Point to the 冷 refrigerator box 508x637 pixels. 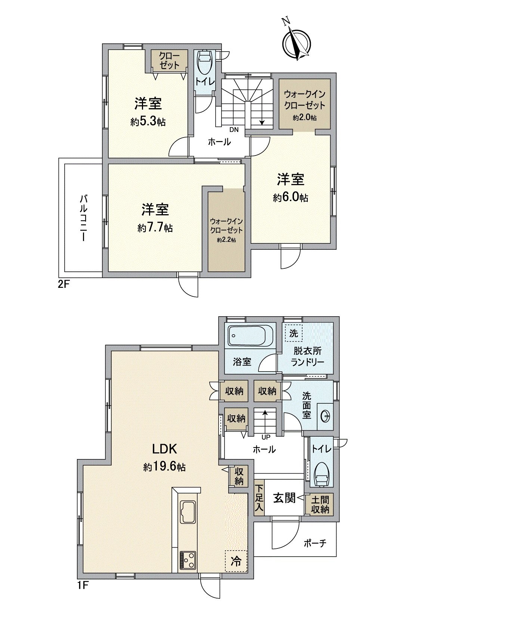236,561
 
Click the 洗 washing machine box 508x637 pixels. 294,333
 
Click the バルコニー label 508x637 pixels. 83,218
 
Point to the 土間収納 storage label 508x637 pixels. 320,504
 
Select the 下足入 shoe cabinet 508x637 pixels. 259,498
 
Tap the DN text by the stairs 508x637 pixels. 234,130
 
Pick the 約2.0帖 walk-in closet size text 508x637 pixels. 305,118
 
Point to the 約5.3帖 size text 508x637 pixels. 148,122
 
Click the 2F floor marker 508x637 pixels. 63,284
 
